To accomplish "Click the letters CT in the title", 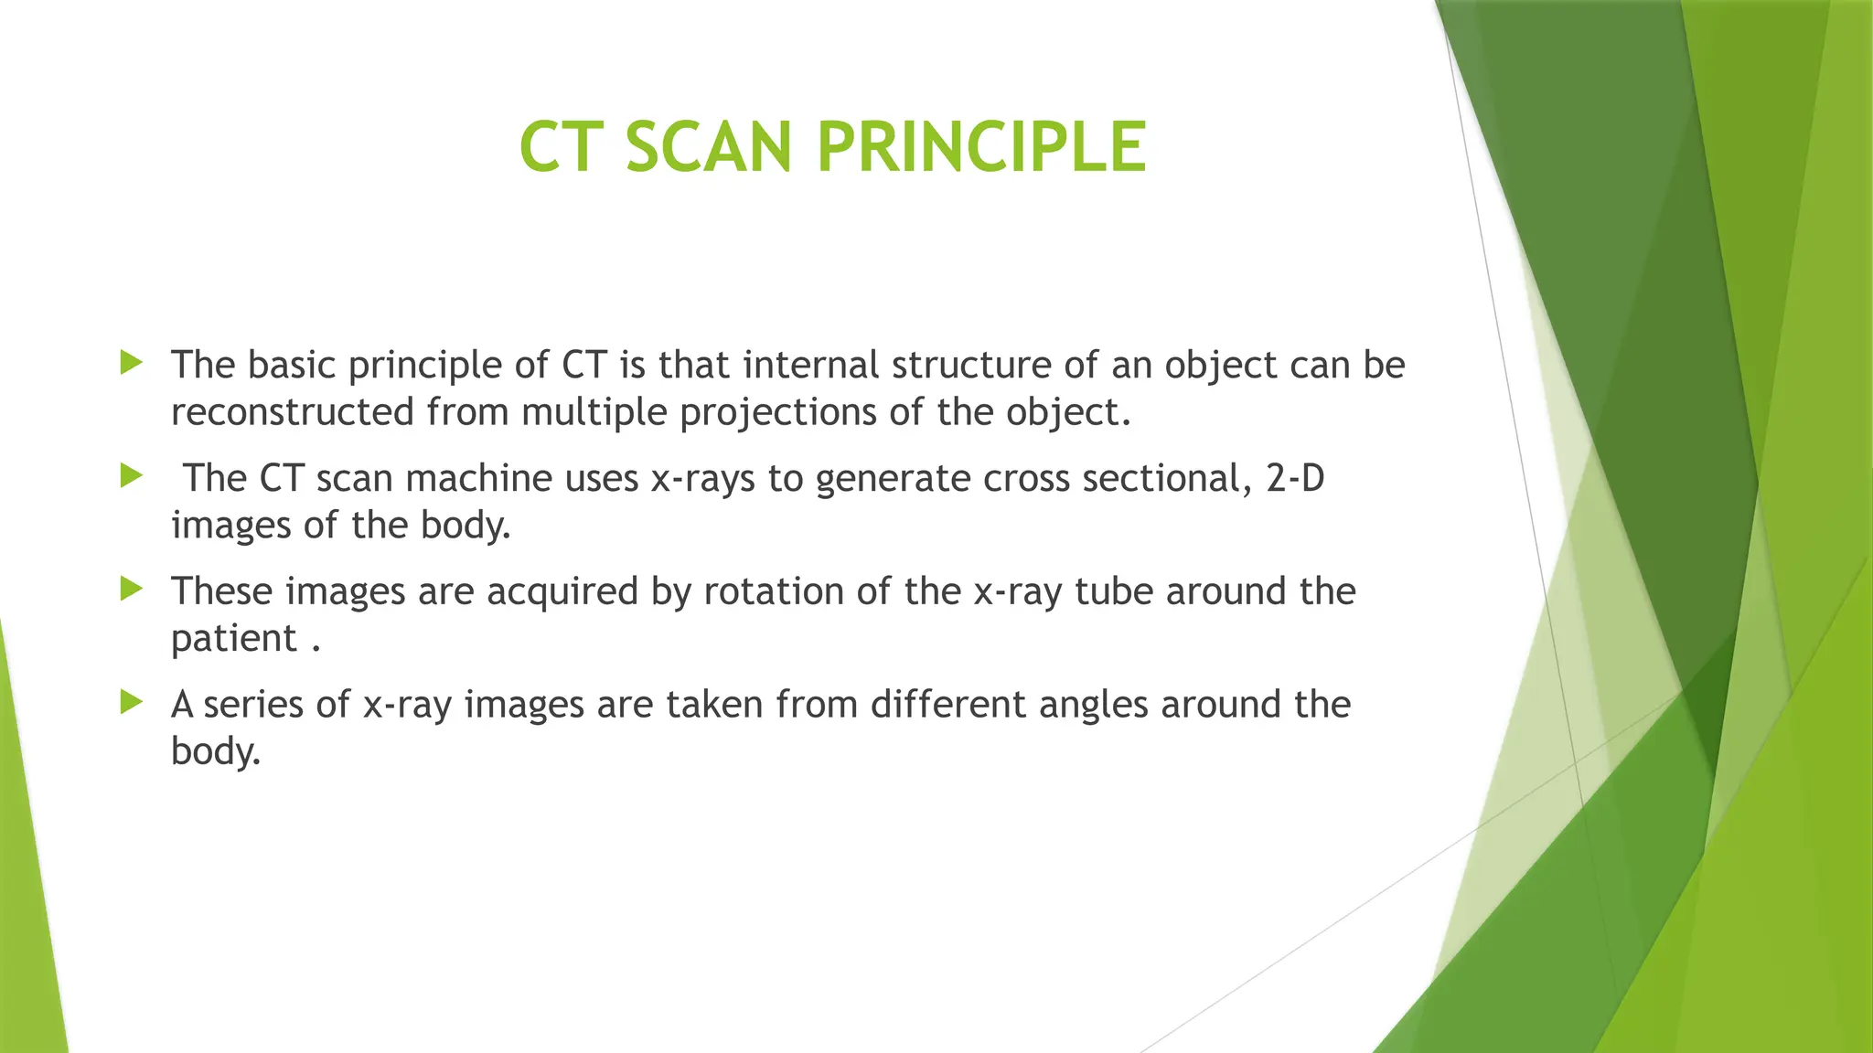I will [x=552, y=147].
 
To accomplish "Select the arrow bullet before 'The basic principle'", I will [x=132, y=363].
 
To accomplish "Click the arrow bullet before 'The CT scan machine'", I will [x=132, y=476].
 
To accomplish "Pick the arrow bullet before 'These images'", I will [x=132, y=590].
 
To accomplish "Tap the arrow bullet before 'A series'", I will [x=132, y=703].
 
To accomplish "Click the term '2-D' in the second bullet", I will [x=1295, y=478].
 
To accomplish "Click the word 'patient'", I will [x=234, y=639].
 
